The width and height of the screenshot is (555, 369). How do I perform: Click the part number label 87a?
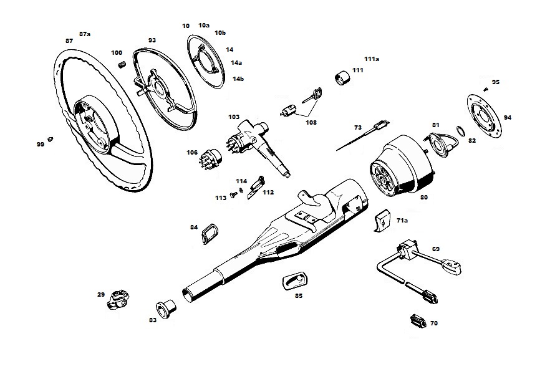point(85,34)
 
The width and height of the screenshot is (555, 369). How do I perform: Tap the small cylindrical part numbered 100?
point(122,65)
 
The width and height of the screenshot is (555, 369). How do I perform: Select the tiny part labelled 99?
point(51,139)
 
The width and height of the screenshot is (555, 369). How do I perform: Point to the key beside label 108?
point(312,95)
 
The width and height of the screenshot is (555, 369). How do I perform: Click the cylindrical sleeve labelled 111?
point(342,78)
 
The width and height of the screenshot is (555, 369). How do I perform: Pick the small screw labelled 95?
point(486,89)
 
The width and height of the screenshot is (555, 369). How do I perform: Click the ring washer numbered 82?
point(460,131)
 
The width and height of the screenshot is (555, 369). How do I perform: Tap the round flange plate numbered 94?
point(484,116)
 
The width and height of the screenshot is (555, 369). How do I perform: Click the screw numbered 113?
point(233,194)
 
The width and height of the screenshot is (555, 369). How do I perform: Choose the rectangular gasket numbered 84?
point(209,234)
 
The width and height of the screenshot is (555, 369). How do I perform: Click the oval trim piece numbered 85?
point(295,281)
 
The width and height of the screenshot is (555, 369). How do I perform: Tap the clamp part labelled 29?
point(118,299)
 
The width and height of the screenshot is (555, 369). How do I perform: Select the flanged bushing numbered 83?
point(166,309)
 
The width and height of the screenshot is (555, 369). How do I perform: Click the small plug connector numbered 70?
point(418,321)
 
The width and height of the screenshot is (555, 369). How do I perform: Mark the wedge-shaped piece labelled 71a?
point(383,221)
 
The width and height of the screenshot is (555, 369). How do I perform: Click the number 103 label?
point(234,117)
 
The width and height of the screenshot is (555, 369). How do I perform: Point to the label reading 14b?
point(238,79)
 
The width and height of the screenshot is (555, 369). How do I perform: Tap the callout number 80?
point(423,197)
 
